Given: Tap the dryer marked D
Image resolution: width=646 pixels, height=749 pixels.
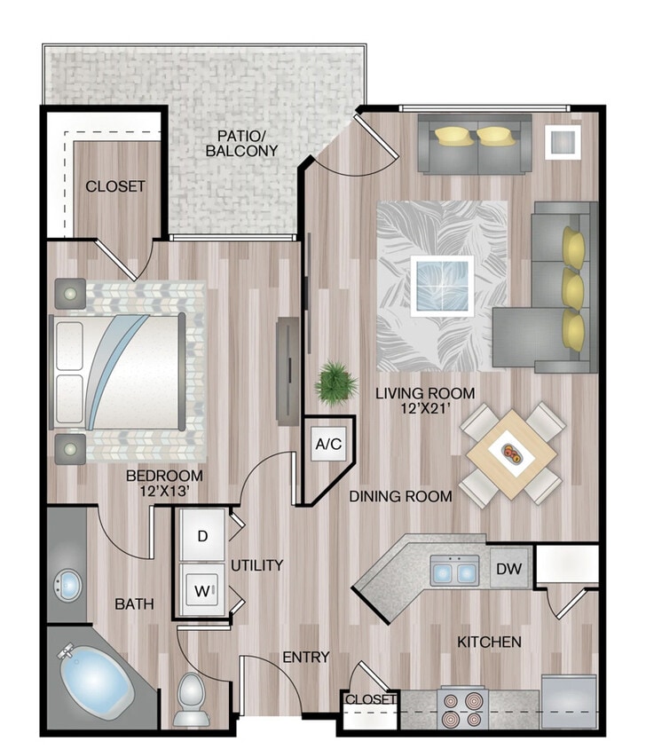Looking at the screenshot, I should pyautogui.click(x=203, y=536).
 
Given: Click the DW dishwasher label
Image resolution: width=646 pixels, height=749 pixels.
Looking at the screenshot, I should pyautogui.click(x=508, y=569).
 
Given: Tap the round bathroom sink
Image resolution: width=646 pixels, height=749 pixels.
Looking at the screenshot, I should pyautogui.click(x=67, y=585).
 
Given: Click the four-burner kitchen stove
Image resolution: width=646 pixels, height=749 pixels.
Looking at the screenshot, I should pyautogui.click(x=462, y=708).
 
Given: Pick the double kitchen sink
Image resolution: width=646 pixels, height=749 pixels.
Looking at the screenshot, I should pyautogui.click(x=454, y=570).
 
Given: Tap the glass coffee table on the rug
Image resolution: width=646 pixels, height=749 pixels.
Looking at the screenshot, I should pyautogui.click(x=442, y=286).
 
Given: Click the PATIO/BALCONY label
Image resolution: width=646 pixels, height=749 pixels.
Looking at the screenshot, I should pyautogui.click(x=241, y=144).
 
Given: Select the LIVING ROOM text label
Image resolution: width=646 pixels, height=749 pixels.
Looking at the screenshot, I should pyautogui.click(x=424, y=393).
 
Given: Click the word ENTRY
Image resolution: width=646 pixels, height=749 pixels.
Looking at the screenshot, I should pyautogui.click(x=305, y=658).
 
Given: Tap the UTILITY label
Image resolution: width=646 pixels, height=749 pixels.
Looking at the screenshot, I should pyautogui.click(x=256, y=564).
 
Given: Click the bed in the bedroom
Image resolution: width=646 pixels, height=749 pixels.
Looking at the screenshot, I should pyautogui.click(x=120, y=372).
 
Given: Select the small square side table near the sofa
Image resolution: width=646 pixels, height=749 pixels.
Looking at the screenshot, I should pyautogui.click(x=561, y=140).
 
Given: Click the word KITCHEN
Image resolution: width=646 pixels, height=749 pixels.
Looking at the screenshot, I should pyautogui.click(x=488, y=641).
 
